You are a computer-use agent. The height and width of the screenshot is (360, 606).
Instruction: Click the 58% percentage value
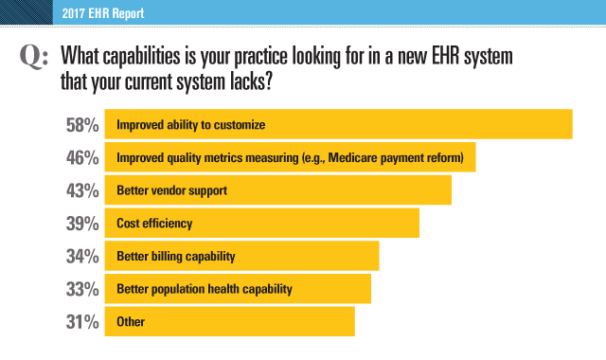(x=82, y=125)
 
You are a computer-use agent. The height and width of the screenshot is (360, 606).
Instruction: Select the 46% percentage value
(x=82, y=158)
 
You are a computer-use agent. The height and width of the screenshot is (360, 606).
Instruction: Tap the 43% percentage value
(x=82, y=191)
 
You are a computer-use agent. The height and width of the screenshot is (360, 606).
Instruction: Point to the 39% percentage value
(x=82, y=225)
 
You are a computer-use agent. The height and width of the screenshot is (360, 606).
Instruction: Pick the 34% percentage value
(x=82, y=257)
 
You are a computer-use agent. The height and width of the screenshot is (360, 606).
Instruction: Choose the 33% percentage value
(x=82, y=289)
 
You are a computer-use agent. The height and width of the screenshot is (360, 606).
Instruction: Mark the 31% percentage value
(x=82, y=322)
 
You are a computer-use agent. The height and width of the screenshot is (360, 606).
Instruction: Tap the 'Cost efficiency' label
(x=154, y=225)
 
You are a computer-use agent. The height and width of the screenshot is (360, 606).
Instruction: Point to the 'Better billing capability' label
(x=175, y=257)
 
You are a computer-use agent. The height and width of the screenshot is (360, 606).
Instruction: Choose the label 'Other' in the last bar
(x=131, y=322)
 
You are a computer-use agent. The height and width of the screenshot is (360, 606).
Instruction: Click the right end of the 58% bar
(x=570, y=125)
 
